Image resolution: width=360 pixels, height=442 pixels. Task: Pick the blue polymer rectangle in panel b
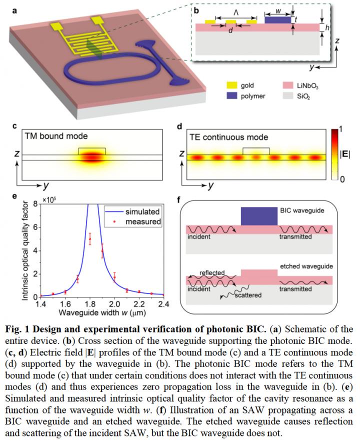276,20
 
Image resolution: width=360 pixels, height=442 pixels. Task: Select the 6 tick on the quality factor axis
35,227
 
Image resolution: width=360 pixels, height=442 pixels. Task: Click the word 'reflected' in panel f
212,273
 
